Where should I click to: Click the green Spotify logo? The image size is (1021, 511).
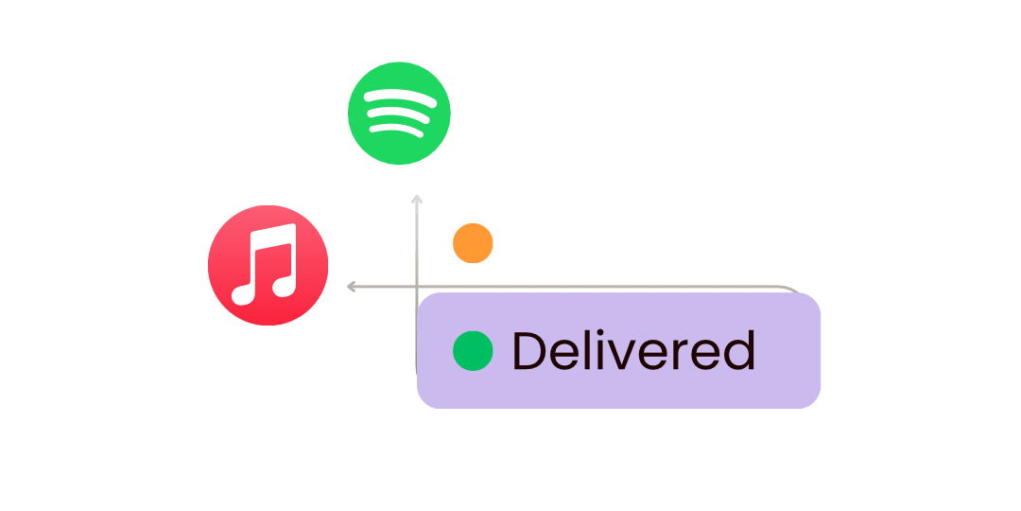pyautogui.click(x=399, y=114)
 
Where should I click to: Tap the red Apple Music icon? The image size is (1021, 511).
pyautogui.click(x=268, y=265)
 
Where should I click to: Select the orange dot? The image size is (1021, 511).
pyautogui.click(x=473, y=243)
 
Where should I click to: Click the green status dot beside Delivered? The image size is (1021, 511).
pyautogui.click(x=473, y=351)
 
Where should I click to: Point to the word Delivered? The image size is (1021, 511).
pyautogui.click(x=632, y=351)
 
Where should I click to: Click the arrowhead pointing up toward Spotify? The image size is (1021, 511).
pyautogui.click(x=416, y=199)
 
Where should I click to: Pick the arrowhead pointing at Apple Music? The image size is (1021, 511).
pyautogui.click(x=351, y=286)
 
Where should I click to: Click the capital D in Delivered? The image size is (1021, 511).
pyautogui.click(x=529, y=351)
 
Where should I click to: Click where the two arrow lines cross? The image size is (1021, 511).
pyautogui.click(x=416, y=286)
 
